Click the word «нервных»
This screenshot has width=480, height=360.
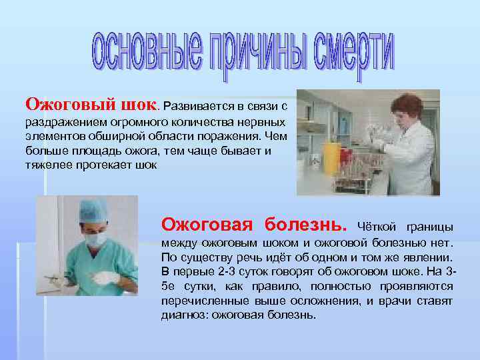(265, 123)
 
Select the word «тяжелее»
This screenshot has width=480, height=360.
(44, 166)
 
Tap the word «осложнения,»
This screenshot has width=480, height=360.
(313, 301)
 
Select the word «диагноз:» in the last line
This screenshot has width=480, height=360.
(185, 315)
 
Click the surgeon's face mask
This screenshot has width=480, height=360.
(95, 239)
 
